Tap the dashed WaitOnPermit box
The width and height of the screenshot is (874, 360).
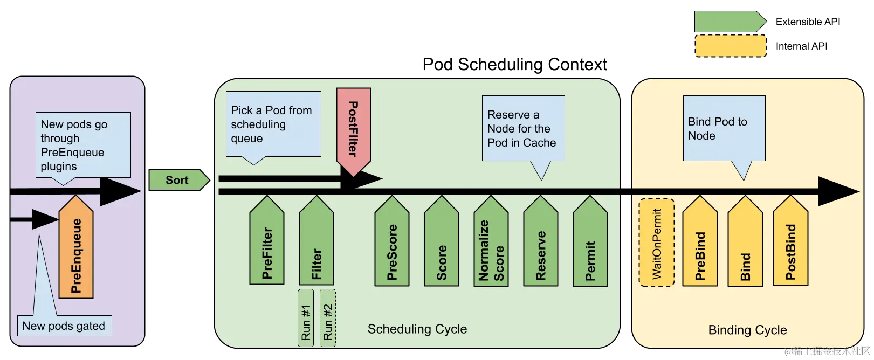657,243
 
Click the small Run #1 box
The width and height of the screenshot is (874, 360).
306,317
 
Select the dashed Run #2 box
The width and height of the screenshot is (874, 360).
328,317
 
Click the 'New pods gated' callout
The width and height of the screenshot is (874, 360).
64,326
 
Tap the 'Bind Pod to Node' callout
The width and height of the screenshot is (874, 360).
724,128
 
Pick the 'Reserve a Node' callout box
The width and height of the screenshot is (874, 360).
522,128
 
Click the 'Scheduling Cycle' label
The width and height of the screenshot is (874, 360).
417,329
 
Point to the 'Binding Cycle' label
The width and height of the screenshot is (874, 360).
747,330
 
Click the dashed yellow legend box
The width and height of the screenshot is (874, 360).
731,46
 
